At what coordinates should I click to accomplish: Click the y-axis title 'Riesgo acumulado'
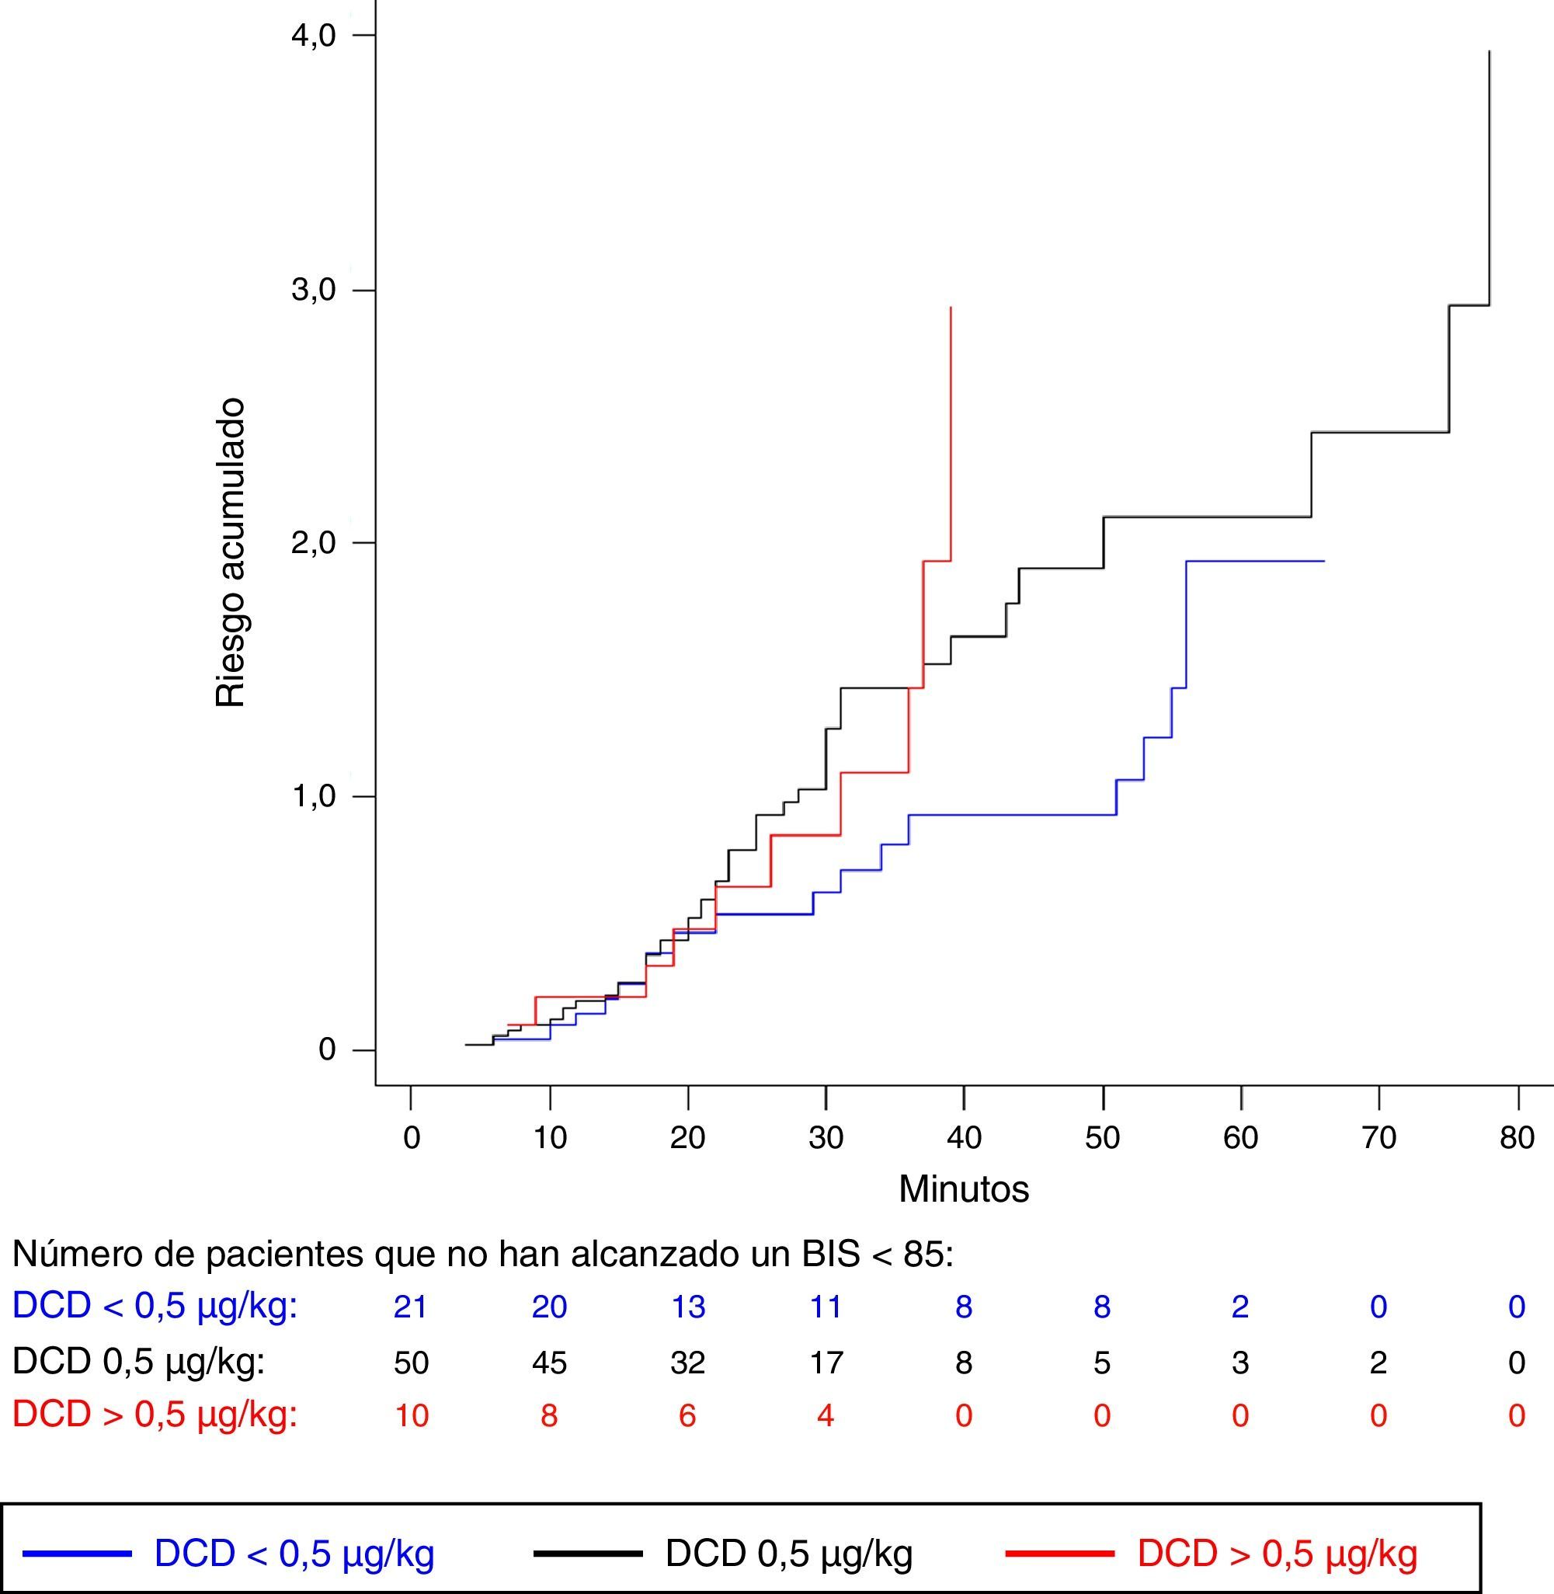(x=230, y=552)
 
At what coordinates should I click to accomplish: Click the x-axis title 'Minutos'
(x=963, y=1189)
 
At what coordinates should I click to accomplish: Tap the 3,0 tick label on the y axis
(x=314, y=291)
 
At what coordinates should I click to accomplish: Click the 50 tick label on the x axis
(x=1102, y=1138)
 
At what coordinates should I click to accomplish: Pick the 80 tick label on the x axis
(x=1517, y=1138)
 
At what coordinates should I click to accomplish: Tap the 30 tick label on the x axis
(x=826, y=1138)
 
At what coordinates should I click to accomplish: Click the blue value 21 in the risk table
(x=411, y=1307)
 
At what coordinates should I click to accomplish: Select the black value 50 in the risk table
(x=411, y=1363)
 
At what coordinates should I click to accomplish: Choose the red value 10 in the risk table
(x=411, y=1415)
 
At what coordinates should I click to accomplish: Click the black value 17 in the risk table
(x=826, y=1363)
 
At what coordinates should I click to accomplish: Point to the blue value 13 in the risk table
(x=687, y=1307)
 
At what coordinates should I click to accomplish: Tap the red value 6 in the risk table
(x=687, y=1415)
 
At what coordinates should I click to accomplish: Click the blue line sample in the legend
(x=77, y=1553)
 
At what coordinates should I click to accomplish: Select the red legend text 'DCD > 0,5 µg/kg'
(x=1277, y=1553)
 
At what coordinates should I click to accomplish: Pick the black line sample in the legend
(x=588, y=1553)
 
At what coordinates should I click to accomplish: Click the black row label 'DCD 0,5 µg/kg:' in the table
(x=139, y=1363)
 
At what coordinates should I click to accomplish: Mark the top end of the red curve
(x=951, y=308)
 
